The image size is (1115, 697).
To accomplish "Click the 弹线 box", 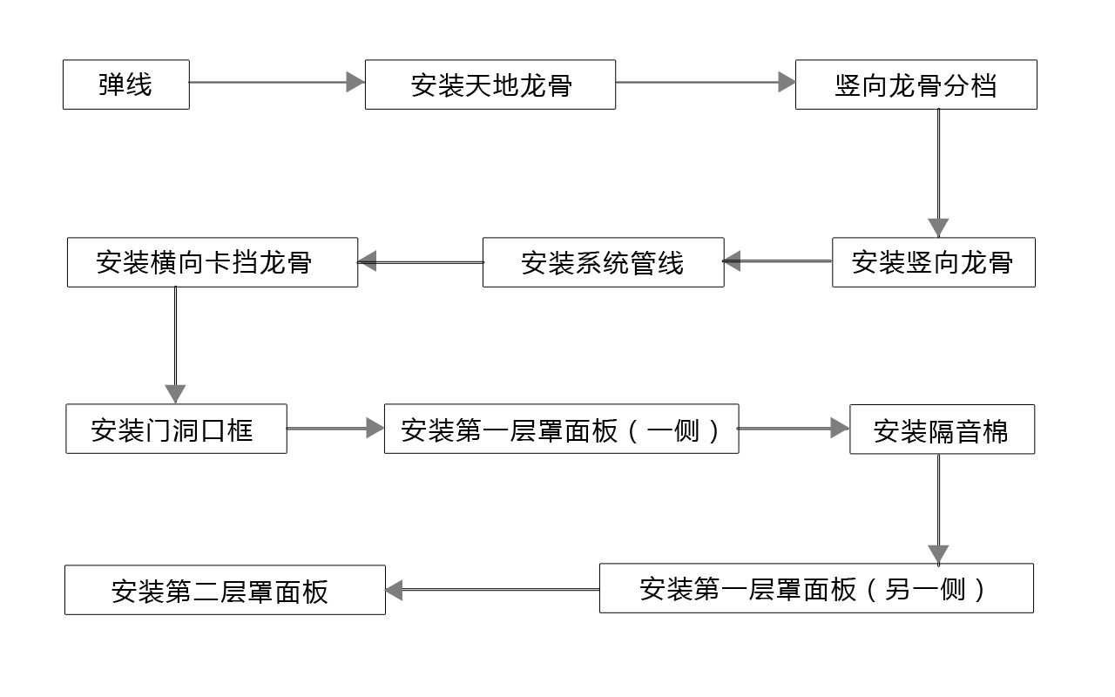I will click(125, 85).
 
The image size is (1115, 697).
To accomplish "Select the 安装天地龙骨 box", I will click(490, 85).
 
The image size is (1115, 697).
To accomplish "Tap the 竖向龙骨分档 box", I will click(916, 85).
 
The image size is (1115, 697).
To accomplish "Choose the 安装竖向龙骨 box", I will click(933, 262).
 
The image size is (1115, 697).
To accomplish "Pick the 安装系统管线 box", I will click(603, 262).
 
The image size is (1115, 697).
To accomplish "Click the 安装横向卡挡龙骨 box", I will click(212, 262).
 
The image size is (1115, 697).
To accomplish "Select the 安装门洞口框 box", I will click(176, 429).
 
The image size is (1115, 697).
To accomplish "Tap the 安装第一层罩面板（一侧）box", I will click(561, 429).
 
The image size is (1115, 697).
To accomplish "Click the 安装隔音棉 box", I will click(942, 430).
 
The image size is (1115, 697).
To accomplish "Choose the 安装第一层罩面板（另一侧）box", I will click(816, 588).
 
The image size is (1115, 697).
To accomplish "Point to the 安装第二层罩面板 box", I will click(225, 590).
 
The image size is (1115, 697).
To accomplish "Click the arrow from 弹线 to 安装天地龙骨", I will click(276, 83).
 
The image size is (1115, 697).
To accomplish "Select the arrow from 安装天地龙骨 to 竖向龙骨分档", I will click(705, 83).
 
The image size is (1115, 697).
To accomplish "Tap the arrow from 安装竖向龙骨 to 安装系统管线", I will click(777, 261).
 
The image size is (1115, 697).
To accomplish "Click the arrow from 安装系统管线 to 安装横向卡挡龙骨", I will click(420, 261).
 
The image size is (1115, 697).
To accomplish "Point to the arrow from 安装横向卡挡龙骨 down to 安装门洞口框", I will click(175, 344).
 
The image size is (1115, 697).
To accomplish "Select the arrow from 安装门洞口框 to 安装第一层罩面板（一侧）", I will click(335, 428).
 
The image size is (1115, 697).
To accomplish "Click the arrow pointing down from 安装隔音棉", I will click(938, 509).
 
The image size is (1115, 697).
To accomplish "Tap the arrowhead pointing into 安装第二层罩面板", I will click(395, 590).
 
